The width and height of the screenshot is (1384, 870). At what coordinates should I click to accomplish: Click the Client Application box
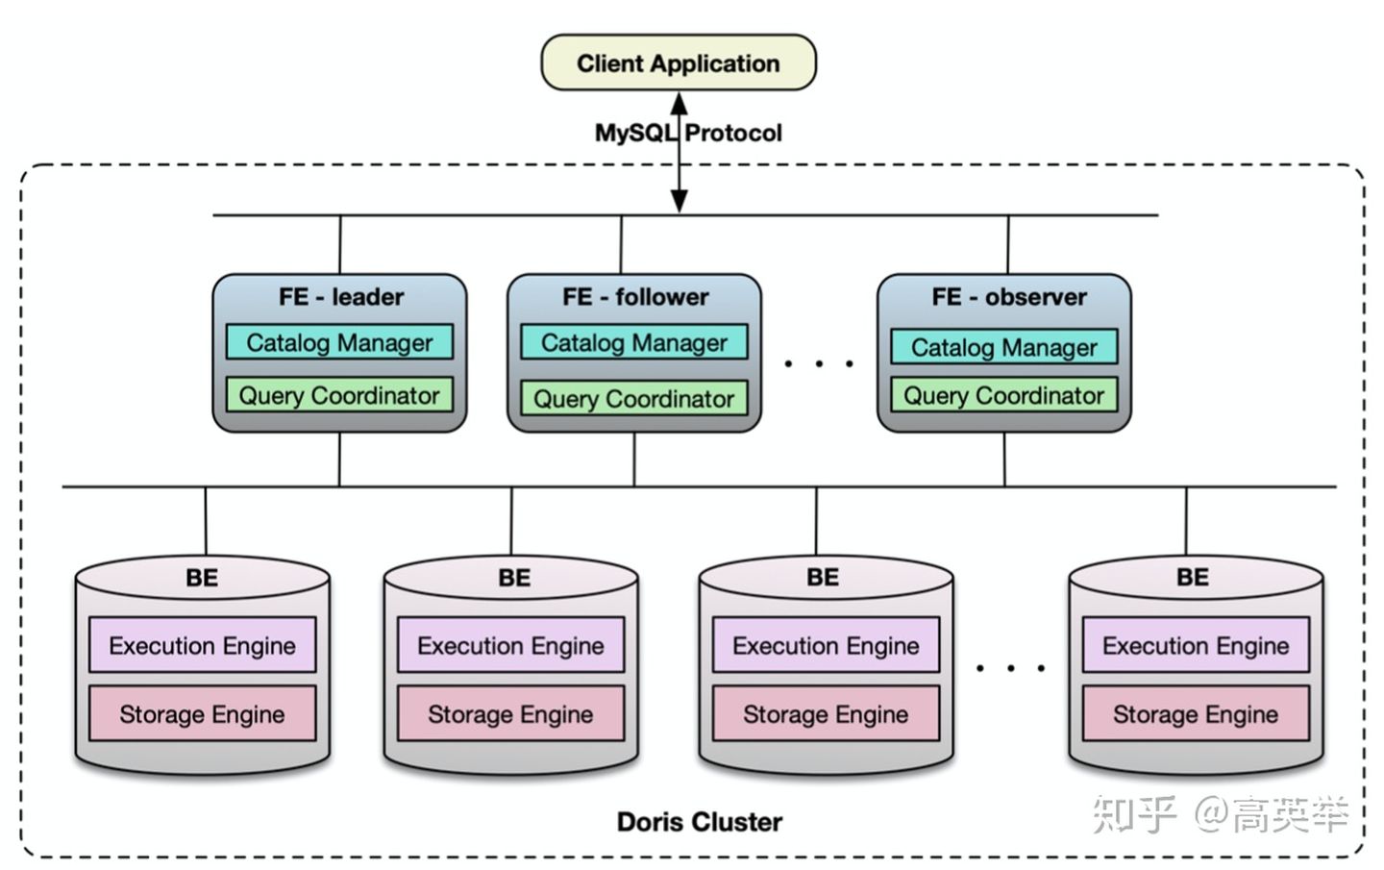pos(679,63)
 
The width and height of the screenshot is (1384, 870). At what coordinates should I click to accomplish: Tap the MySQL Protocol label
pos(688,133)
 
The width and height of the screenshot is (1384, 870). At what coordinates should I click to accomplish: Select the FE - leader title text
pos(341,297)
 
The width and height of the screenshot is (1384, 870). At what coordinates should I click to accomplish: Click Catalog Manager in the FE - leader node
pos(339,343)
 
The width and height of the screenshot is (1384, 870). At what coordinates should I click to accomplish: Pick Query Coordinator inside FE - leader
pos(339,395)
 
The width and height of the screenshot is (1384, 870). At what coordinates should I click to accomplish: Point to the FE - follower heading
pos(635,297)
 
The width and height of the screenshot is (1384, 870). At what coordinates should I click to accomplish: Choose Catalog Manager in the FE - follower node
pos(634,343)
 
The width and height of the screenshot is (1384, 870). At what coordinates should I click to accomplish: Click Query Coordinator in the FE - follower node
pos(634,399)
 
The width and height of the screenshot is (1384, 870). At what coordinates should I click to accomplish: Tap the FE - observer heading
pos(1009,297)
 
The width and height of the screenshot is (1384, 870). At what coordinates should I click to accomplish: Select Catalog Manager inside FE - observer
pos(1004,347)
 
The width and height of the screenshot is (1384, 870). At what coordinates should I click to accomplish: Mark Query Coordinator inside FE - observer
pos(1004,395)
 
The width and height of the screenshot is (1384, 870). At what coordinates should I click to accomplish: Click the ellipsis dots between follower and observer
pos(819,364)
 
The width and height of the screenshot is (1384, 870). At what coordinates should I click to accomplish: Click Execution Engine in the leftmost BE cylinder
pos(202,645)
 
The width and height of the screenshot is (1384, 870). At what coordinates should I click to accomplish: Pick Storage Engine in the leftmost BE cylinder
pos(202,714)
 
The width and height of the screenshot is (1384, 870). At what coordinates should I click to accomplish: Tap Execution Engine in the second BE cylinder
pos(510,645)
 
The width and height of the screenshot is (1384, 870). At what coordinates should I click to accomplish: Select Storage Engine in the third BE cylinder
pos(826,714)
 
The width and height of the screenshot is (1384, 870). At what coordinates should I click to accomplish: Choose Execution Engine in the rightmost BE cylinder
pos(1196,645)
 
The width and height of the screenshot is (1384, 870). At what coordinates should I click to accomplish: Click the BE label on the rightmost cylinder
pos(1193,577)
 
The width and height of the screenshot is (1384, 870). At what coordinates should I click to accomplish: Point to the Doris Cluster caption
pos(699,822)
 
